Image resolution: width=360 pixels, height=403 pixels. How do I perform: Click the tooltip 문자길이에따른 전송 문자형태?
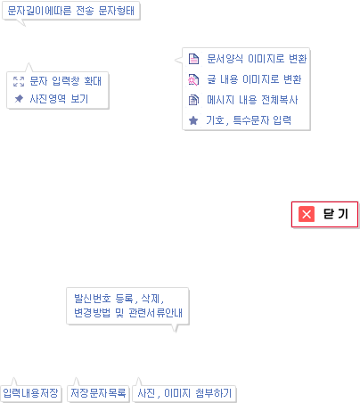[x=71, y=11]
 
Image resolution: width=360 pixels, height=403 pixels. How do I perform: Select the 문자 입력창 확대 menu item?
[x=66, y=81]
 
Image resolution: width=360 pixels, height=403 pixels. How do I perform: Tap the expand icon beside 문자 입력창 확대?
[x=19, y=81]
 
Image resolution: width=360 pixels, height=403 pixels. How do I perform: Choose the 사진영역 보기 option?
[x=59, y=99]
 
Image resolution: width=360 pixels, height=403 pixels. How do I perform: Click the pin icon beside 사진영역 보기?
[x=19, y=98]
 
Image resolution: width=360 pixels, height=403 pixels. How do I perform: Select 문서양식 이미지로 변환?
[x=257, y=59]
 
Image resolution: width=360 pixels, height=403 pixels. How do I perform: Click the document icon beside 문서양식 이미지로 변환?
[x=193, y=59]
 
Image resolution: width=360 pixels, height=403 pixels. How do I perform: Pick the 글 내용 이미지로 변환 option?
[x=254, y=79]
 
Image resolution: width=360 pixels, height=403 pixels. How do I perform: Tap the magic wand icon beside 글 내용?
[x=193, y=79]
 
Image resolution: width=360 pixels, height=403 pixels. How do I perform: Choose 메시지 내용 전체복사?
[x=252, y=100]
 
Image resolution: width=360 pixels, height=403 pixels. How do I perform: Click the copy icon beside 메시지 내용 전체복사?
[x=193, y=100]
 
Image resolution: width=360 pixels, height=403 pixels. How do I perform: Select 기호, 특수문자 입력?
[x=249, y=120]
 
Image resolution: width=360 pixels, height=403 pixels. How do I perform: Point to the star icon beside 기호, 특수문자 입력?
[x=193, y=120]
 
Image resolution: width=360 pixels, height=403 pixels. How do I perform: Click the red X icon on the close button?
[x=307, y=214]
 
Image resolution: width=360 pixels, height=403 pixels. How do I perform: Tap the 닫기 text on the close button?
[x=336, y=214]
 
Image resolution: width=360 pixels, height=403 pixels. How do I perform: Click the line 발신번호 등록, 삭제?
[x=119, y=299]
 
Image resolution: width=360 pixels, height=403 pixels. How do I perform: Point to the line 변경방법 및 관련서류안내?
[x=128, y=313]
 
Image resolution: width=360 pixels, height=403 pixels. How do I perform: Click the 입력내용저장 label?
[x=30, y=393]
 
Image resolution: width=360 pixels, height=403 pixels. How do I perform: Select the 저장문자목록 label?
[x=98, y=393]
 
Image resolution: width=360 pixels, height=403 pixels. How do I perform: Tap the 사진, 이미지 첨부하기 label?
[x=184, y=393]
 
